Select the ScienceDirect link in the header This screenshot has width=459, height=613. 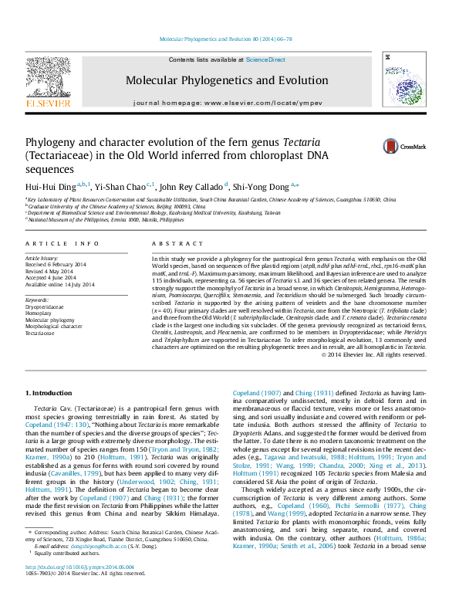coord(266,59)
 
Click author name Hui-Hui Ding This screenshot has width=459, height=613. coord(49,186)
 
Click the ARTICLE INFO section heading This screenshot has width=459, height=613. coord(62,244)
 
